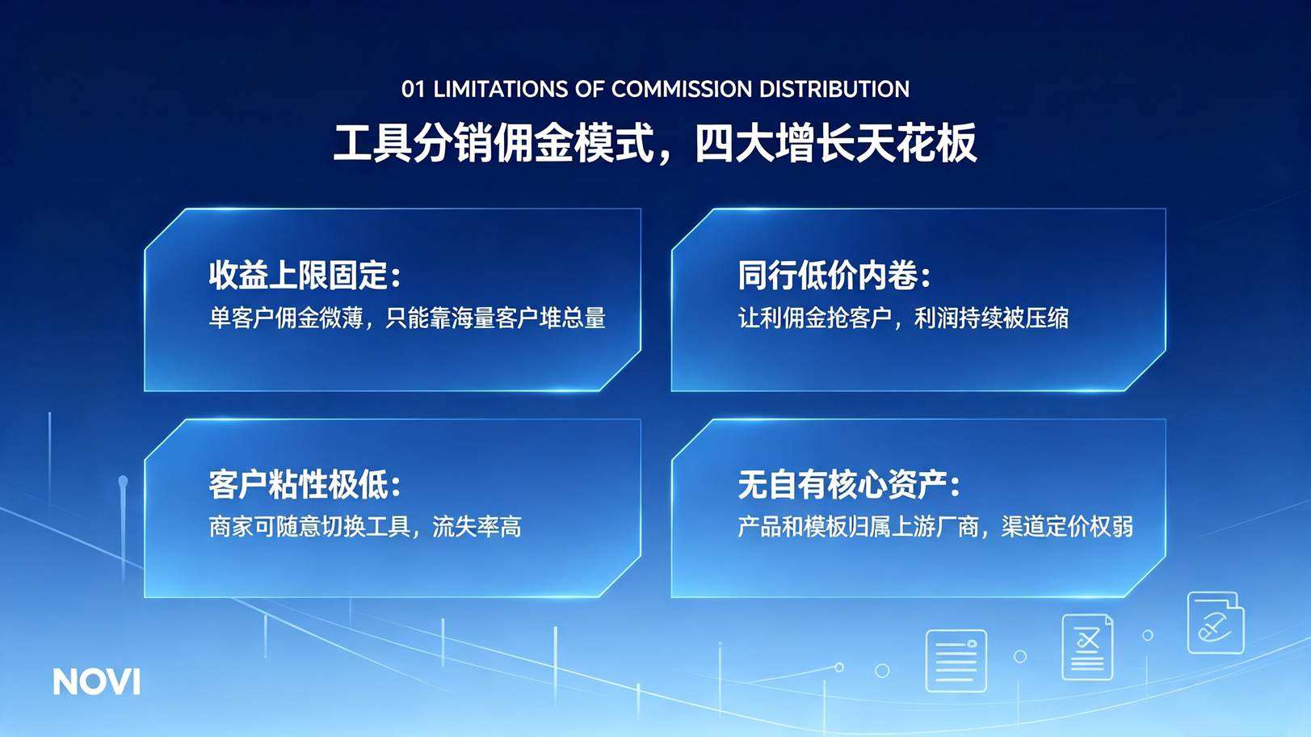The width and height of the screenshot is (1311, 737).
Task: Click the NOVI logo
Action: [x=97, y=682]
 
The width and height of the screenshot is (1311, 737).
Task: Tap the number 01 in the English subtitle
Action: [x=413, y=90]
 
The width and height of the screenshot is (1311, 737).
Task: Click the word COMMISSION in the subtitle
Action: [x=681, y=90]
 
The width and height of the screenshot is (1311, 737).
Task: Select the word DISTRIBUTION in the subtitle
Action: [x=834, y=90]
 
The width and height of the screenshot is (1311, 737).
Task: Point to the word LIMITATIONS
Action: [x=500, y=90]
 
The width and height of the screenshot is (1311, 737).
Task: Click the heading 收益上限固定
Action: [x=297, y=275]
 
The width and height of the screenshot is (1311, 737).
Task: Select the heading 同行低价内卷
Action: [x=827, y=275]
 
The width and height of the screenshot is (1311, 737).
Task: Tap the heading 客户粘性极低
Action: [x=297, y=485]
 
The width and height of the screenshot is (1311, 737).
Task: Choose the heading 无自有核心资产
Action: [x=842, y=485]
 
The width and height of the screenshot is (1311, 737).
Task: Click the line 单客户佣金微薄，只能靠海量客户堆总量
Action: [x=407, y=318]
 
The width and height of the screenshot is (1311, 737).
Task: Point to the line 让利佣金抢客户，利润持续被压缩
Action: [x=903, y=318]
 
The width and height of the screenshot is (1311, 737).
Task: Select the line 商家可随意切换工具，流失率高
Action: [x=364, y=527]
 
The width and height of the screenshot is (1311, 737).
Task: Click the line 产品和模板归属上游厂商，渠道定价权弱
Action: [x=935, y=527]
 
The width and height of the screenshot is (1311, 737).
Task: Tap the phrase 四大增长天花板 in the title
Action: [x=836, y=143]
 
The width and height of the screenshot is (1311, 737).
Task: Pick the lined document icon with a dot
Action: [x=956, y=660]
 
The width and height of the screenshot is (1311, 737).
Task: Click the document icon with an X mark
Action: [x=1087, y=646]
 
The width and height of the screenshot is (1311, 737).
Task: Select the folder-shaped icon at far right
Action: [x=1216, y=622]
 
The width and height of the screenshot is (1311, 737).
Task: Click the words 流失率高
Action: [x=477, y=527]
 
